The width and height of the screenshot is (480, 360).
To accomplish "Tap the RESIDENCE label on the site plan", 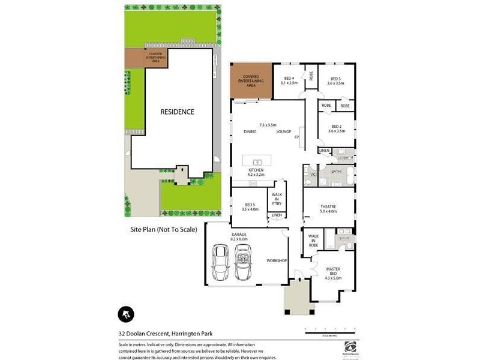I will (176, 112).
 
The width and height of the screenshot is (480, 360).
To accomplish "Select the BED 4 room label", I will (289, 80).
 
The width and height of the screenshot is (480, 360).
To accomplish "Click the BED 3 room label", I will (335, 80).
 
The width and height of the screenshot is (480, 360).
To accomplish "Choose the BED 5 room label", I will (249, 207).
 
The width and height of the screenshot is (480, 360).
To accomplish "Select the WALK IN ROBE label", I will (313, 241).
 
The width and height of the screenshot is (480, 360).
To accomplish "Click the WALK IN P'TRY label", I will (277, 199).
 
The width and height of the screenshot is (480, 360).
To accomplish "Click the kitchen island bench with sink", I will (256, 161).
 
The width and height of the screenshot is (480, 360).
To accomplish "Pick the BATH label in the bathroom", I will (336, 172).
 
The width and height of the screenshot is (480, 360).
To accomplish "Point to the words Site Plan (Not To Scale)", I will (164, 229).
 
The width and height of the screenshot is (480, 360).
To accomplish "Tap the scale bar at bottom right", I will (329, 329).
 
